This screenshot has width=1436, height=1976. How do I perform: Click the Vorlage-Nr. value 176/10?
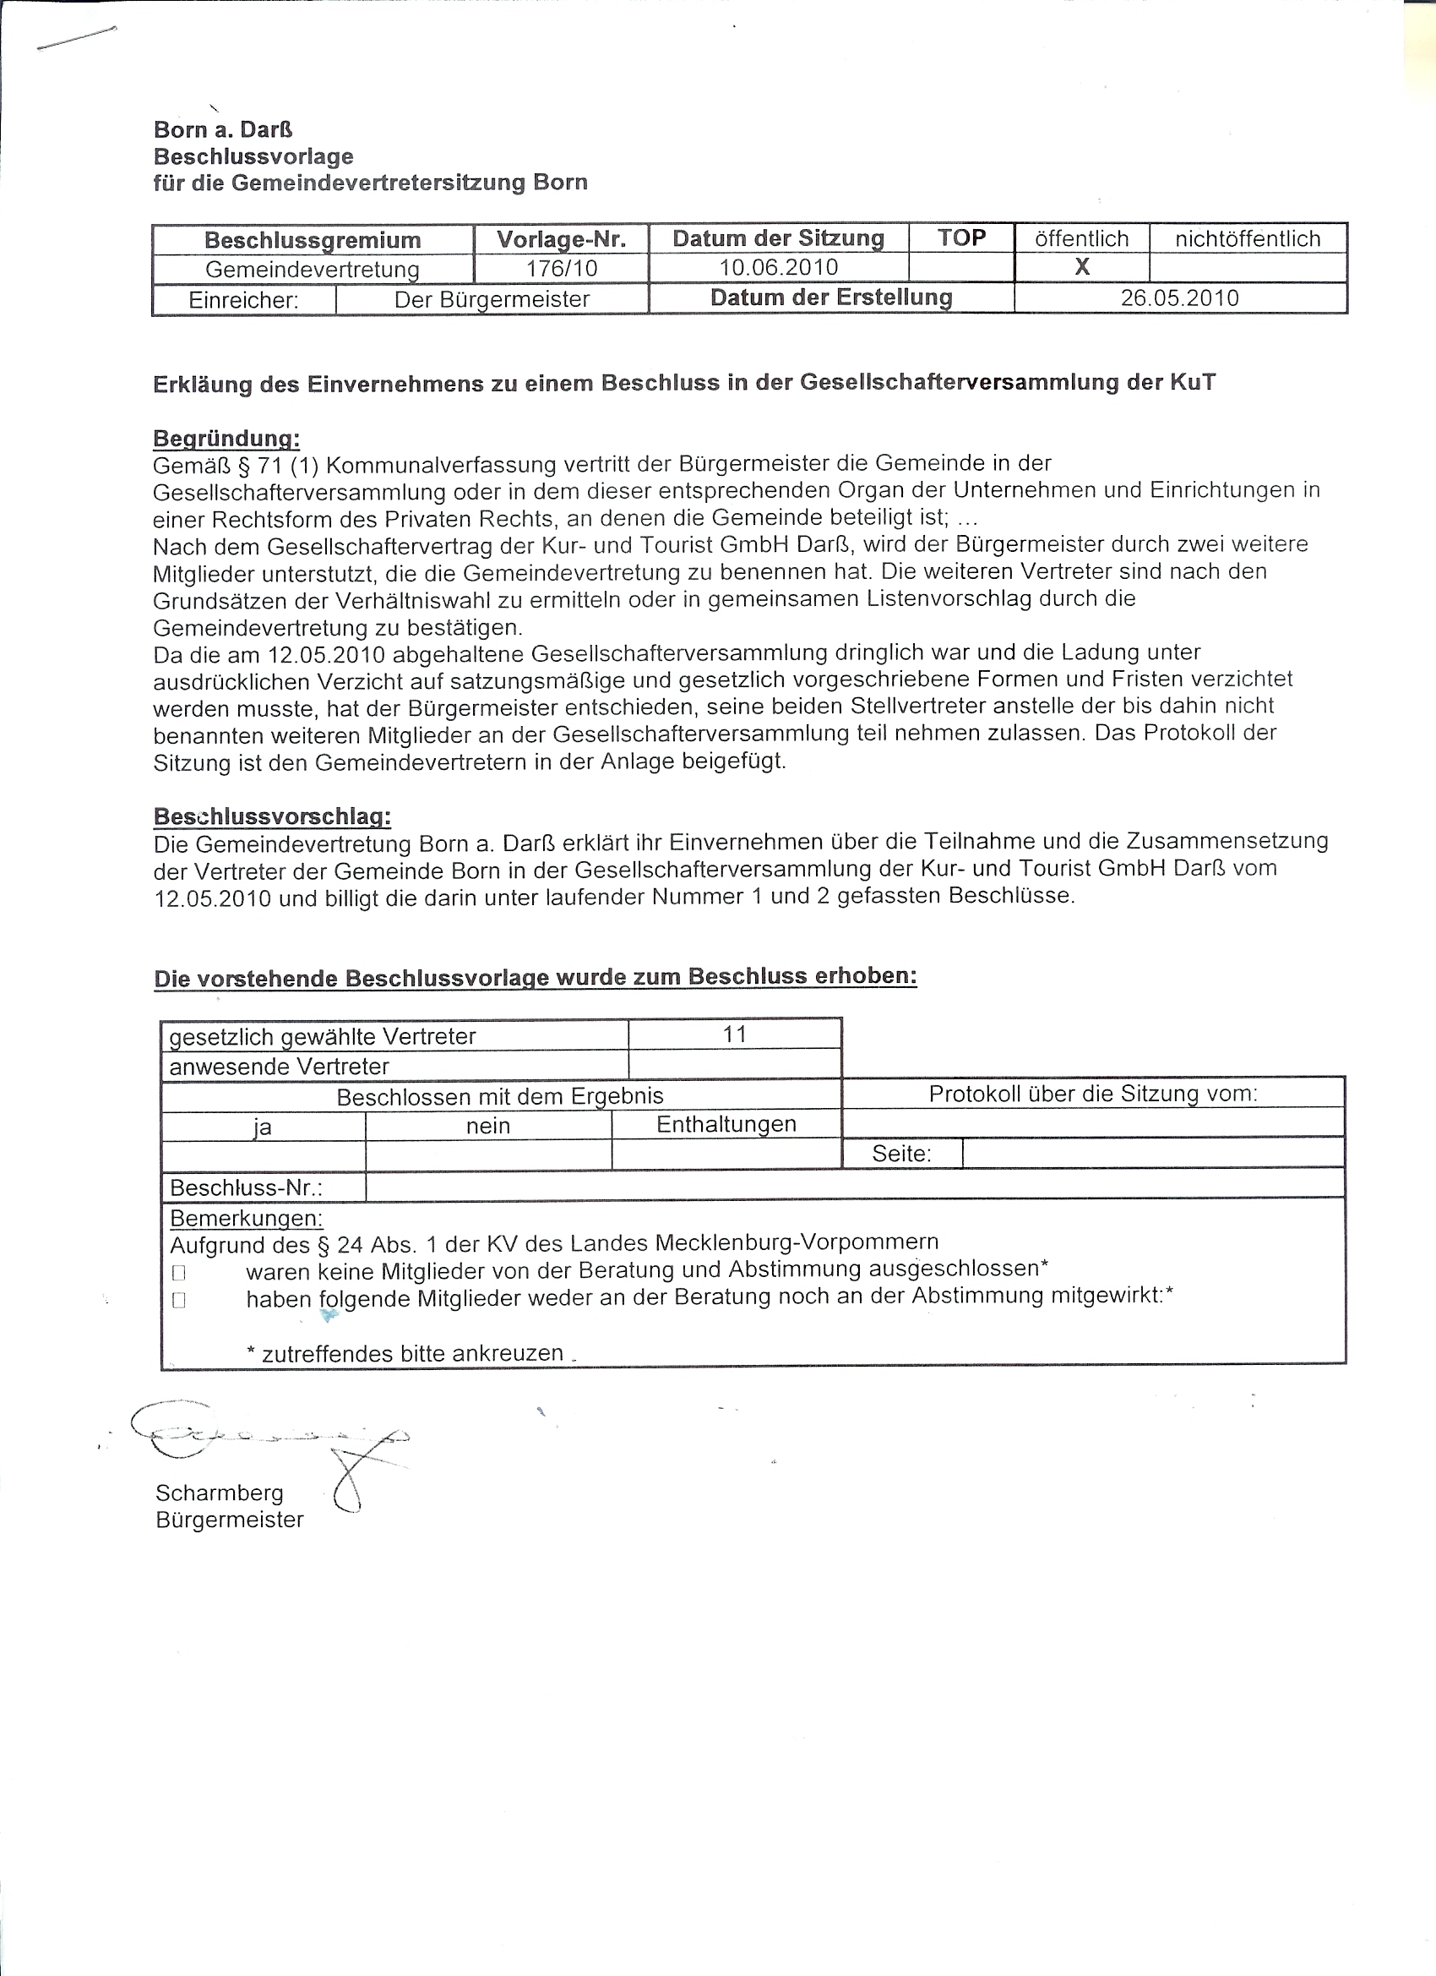pyautogui.click(x=562, y=269)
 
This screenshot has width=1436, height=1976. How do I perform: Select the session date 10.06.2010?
pyautogui.click(x=779, y=267)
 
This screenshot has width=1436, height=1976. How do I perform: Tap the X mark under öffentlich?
pyautogui.click(x=1081, y=267)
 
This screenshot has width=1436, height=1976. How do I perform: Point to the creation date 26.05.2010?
pyautogui.click(x=1179, y=298)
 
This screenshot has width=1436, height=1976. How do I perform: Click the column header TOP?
pyautogui.click(x=961, y=237)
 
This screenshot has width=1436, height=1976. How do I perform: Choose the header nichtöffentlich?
pyautogui.click(x=1247, y=238)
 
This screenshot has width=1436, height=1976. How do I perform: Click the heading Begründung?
pyautogui.click(x=226, y=439)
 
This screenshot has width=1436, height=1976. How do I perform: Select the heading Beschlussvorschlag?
pyautogui.click(x=272, y=816)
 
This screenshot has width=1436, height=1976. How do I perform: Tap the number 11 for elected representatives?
pyautogui.click(x=734, y=1034)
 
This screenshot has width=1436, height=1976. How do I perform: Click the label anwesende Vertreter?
pyautogui.click(x=279, y=1067)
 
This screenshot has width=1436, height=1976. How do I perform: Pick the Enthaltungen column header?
pyautogui.click(x=726, y=1124)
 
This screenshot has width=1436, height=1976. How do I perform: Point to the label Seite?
pyautogui.click(x=901, y=1154)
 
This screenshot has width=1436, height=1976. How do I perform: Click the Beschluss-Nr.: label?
pyautogui.click(x=247, y=1187)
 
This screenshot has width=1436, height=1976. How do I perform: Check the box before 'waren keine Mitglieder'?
pyautogui.click(x=179, y=1272)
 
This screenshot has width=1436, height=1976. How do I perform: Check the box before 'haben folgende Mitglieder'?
pyautogui.click(x=179, y=1300)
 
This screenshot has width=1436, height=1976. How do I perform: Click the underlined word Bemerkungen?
pyautogui.click(x=246, y=1218)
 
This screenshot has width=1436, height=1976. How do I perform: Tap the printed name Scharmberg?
pyautogui.click(x=220, y=1493)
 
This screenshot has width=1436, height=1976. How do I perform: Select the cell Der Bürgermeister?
pyautogui.click(x=492, y=300)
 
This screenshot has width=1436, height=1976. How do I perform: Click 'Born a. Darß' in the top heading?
pyautogui.click(x=223, y=130)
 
